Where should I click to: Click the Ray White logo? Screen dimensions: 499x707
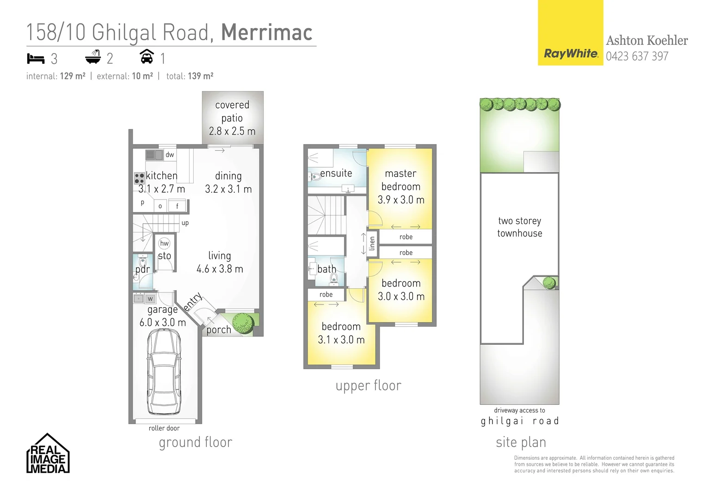click(x=570, y=54)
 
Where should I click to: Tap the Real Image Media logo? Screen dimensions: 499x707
click(x=48, y=454)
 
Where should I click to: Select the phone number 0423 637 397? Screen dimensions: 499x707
click(x=637, y=56)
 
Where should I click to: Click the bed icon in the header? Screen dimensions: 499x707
click(x=36, y=59)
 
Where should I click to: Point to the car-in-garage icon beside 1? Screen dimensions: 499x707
click(x=147, y=57)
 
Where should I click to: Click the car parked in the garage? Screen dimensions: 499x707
click(x=164, y=372)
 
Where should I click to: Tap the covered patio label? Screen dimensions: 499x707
click(x=232, y=111)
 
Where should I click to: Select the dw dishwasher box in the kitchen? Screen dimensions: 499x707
click(x=170, y=155)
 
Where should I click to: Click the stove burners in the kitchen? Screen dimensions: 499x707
click(x=139, y=178)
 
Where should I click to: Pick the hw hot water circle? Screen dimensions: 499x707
click(x=164, y=243)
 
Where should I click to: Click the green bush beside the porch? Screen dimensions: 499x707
click(x=243, y=323)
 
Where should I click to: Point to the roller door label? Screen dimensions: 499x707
click(x=164, y=428)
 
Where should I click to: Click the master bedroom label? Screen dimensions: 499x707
click(x=400, y=180)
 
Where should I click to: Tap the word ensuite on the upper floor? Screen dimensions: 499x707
click(x=336, y=173)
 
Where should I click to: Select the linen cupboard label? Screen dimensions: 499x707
click(x=372, y=243)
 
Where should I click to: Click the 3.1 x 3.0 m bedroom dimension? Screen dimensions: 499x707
click(x=341, y=340)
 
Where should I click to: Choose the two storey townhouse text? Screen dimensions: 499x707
click(x=520, y=227)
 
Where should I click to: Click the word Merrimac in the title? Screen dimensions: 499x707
click(x=267, y=32)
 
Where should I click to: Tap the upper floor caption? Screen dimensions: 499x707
click(x=369, y=386)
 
